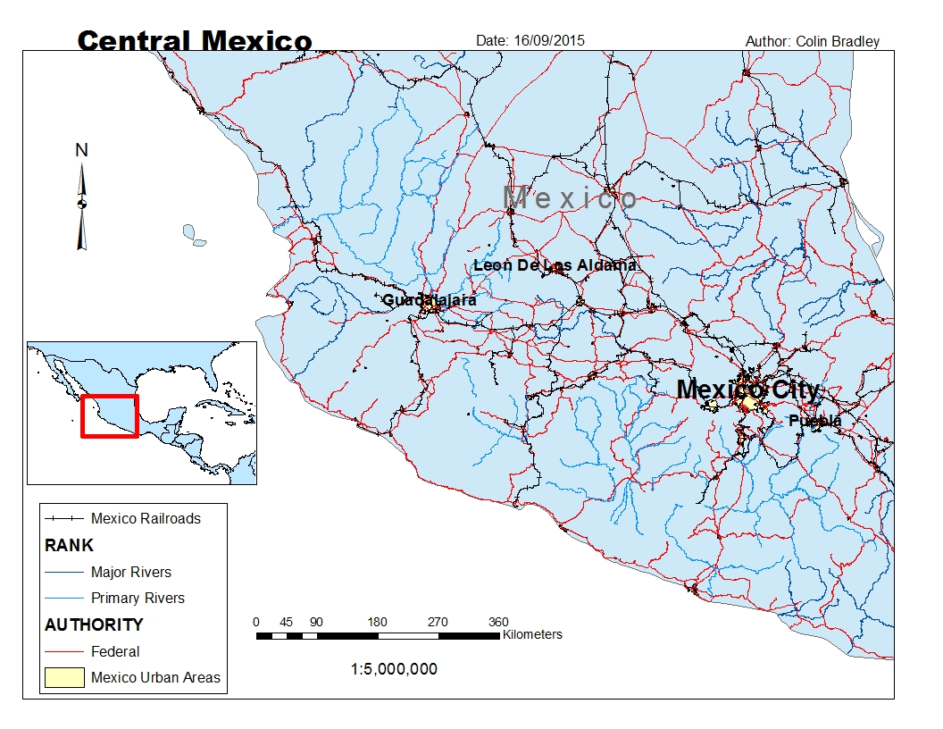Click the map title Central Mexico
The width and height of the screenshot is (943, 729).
(195, 41)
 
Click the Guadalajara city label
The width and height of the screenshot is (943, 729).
(429, 300)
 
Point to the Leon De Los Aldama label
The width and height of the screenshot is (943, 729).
(555, 265)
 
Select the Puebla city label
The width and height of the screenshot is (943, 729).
(814, 421)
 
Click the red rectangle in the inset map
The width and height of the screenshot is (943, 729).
(110, 415)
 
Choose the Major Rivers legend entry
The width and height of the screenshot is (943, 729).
(130, 572)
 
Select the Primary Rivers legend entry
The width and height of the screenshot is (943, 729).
(138, 598)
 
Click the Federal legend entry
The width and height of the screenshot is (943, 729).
(115, 651)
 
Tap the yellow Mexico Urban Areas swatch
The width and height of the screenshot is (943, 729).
(63, 677)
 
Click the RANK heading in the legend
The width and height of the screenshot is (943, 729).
(69, 545)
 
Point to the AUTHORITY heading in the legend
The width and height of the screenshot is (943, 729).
(94, 624)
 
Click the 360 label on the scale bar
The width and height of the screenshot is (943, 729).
(498, 622)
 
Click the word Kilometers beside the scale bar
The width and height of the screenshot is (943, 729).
(532, 635)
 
